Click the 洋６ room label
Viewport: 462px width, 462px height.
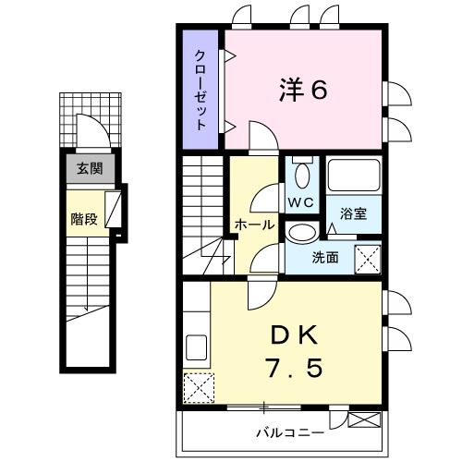point(303,91)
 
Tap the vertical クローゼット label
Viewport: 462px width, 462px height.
point(200,88)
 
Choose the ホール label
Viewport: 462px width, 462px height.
point(253,225)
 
